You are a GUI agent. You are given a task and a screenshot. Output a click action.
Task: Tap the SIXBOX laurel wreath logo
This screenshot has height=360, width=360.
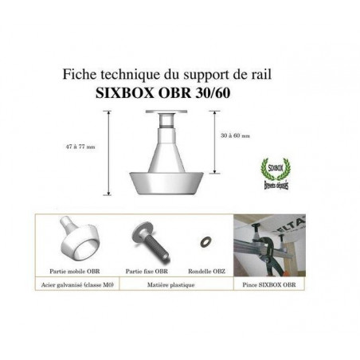click(276, 170)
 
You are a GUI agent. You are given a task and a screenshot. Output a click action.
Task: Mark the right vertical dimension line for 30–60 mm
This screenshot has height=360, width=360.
click(215, 143)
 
